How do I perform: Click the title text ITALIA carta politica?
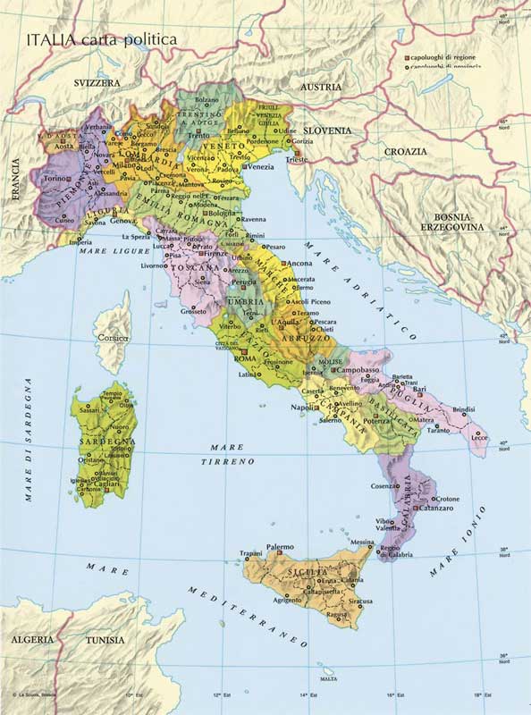[101, 40]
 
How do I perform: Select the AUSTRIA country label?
[319, 87]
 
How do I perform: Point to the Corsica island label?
[114, 339]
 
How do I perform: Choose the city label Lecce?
[480, 437]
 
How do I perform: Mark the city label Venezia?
[260, 167]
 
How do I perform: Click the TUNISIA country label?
[105, 641]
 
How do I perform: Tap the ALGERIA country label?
[31, 641]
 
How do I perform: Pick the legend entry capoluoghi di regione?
[444, 56]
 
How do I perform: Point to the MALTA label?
[330, 679]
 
